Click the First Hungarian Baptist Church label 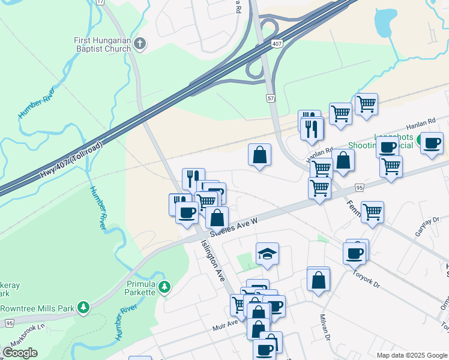[x=103, y=44]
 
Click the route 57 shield [x=271, y=97]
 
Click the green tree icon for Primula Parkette [x=164, y=287]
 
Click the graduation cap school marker [x=267, y=254]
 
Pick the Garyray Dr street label [x=423, y=228]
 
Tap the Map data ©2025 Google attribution [x=412, y=355]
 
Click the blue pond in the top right [x=384, y=22]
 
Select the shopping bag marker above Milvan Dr [x=318, y=279]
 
